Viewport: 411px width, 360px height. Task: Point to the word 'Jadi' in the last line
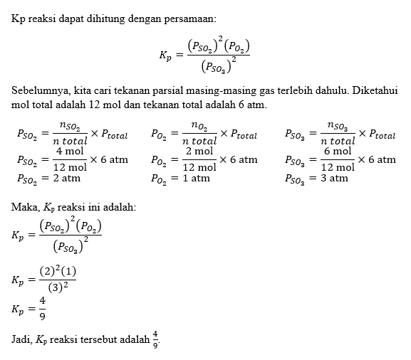point(22,338)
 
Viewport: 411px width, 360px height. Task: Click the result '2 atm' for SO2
point(66,179)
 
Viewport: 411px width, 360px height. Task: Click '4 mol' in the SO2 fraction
point(70,152)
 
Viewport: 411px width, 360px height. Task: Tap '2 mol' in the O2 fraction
point(199,152)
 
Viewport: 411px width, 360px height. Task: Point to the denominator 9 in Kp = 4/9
point(42,317)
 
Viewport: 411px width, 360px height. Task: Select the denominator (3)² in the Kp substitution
point(57,287)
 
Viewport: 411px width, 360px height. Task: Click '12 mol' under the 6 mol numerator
point(337,167)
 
